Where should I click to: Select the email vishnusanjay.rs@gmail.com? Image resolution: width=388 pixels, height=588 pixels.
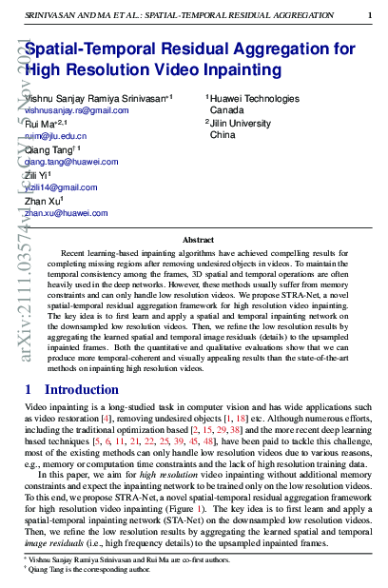pyautogui.click(x=76, y=110)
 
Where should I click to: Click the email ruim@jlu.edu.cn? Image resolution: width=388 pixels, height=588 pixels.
pyautogui.click(x=55, y=137)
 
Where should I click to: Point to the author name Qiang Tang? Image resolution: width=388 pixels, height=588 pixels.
pyautogui.click(x=48, y=150)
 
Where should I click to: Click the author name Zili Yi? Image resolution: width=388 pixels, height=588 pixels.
pyautogui.click(x=38, y=176)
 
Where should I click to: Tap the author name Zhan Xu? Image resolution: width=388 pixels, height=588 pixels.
pyautogui.click(x=42, y=202)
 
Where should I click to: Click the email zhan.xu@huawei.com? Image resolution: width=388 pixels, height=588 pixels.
pyautogui.click(x=66, y=214)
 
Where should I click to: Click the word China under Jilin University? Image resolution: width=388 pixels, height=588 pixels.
pyautogui.click(x=222, y=136)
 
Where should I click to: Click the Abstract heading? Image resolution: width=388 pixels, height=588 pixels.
pyautogui.click(x=198, y=241)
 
